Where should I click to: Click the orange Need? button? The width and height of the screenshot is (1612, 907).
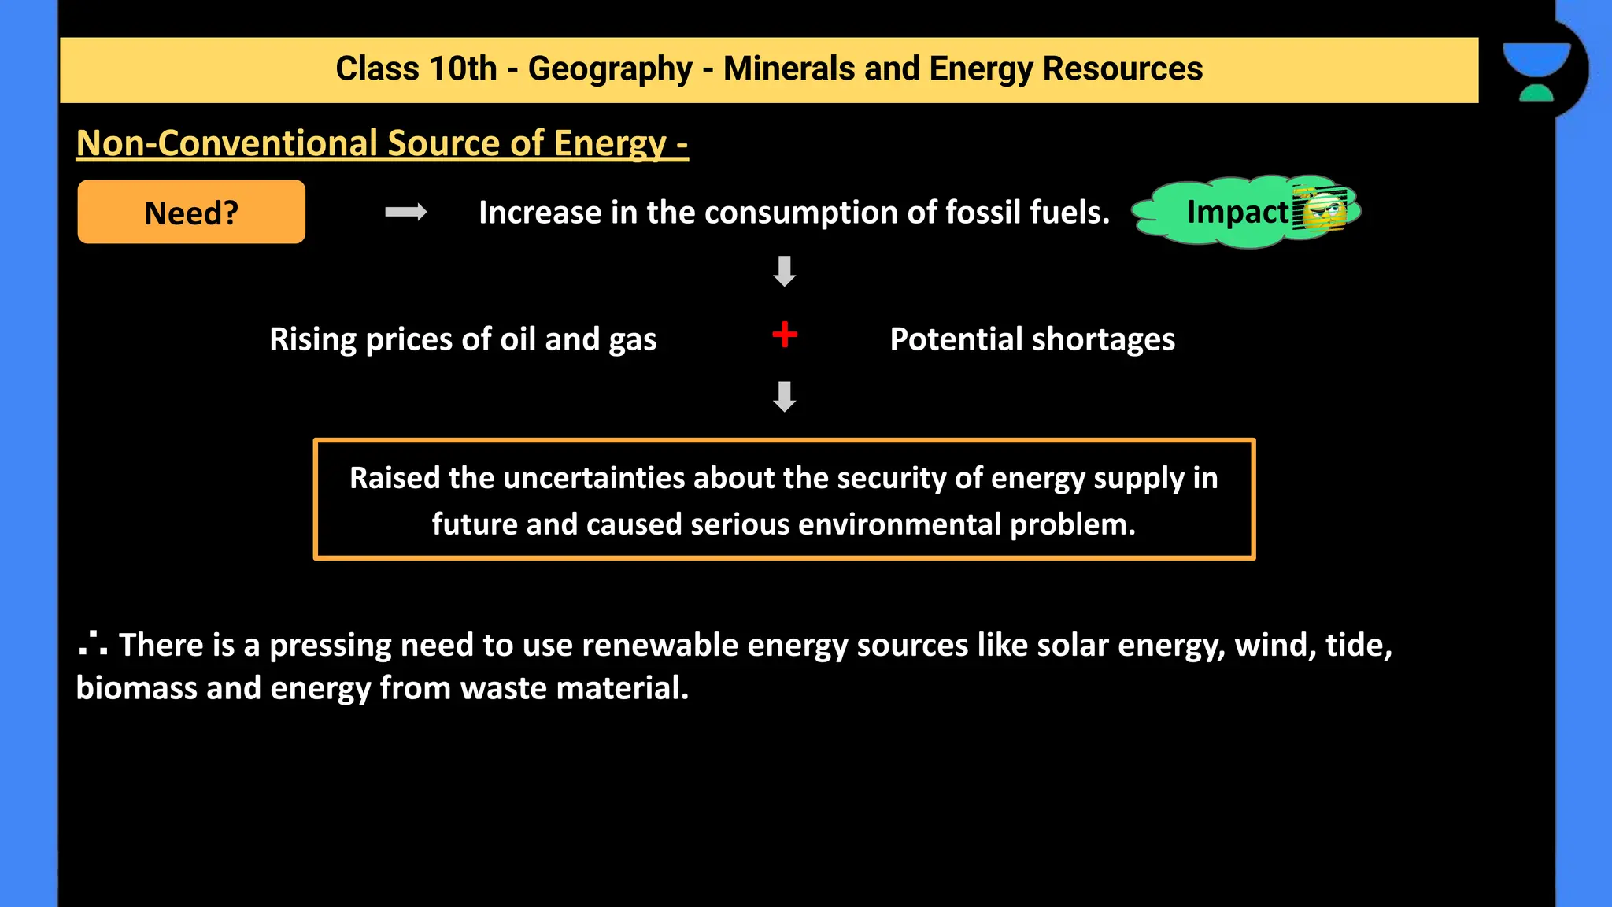pyautogui.click(x=191, y=212)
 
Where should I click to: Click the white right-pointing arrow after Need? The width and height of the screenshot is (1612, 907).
pyautogui.click(x=405, y=212)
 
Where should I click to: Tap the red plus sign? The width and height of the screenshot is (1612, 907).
pyautogui.click(x=785, y=335)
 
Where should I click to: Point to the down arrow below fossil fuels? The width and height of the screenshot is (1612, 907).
pyautogui.click(x=785, y=271)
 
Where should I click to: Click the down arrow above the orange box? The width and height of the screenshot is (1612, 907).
pyautogui.click(x=785, y=397)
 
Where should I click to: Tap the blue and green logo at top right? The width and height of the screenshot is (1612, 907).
pyautogui.click(x=1536, y=71)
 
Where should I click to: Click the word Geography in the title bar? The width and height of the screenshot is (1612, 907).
pyautogui.click(x=610, y=69)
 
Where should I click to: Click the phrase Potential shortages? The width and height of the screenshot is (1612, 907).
pyautogui.click(x=1032, y=339)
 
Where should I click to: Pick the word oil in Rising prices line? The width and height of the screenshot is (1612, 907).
pyautogui.click(x=518, y=339)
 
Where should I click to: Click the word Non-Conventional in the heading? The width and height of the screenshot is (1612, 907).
pyautogui.click(x=227, y=143)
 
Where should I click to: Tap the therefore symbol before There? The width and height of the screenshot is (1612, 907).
pyautogui.click(x=93, y=644)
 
